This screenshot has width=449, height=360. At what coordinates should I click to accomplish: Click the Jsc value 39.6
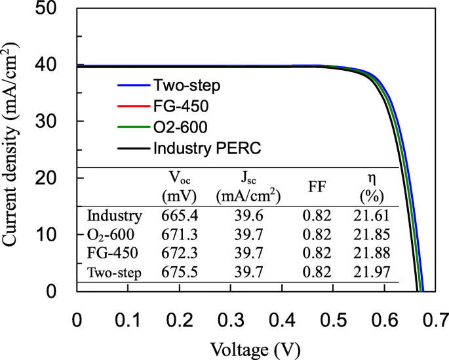244,216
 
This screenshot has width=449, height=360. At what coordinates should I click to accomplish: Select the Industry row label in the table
114,216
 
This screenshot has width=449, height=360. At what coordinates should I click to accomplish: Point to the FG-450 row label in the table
113,253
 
